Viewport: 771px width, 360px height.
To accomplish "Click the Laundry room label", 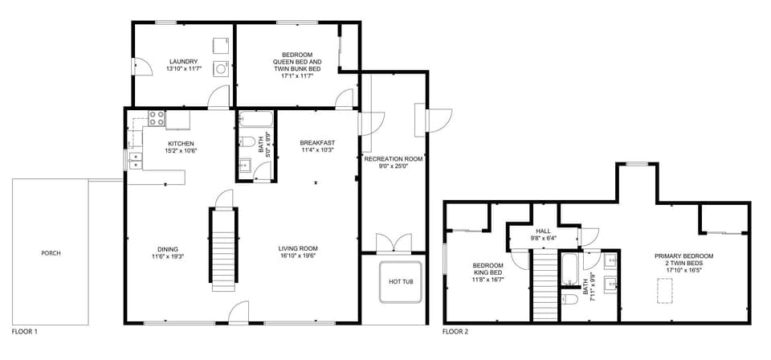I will pyautogui.click(x=183, y=61).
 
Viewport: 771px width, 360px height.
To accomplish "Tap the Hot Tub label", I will pyautogui.click(x=400, y=282).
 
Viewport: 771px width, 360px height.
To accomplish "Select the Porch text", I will pyautogui.click(x=51, y=253).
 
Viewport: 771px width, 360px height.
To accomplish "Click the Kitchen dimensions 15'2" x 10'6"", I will pyautogui.click(x=158, y=150).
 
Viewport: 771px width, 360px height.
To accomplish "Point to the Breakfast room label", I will pyautogui.click(x=317, y=142).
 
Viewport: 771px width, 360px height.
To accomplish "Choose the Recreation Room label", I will pyautogui.click(x=394, y=159).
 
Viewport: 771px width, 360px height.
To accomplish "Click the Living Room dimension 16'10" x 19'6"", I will pyautogui.click(x=298, y=256).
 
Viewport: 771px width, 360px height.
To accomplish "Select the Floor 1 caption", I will pyautogui.click(x=24, y=331).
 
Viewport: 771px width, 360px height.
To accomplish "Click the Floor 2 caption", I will pyautogui.click(x=455, y=331).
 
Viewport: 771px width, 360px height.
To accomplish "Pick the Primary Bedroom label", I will pyautogui.click(x=684, y=256).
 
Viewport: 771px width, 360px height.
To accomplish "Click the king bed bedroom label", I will pyautogui.click(x=487, y=266).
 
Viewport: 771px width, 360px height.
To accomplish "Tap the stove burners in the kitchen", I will pyautogui.click(x=156, y=119).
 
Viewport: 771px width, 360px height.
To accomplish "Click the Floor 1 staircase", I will pyautogui.click(x=223, y=249).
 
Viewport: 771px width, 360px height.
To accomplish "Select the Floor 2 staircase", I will pyautogui.click(x=545, y=285).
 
